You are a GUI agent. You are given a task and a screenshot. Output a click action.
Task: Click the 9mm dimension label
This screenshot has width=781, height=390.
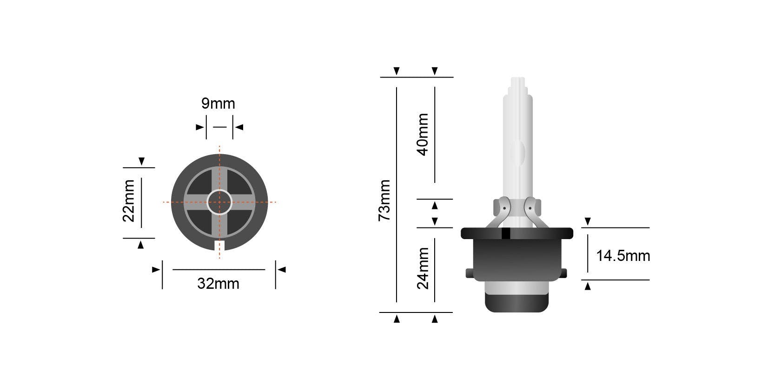tap(218, 104)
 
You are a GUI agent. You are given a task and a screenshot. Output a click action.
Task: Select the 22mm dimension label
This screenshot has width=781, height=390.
tap(129, 201)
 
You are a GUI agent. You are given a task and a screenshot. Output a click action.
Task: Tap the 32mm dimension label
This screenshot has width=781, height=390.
tap(218, 284)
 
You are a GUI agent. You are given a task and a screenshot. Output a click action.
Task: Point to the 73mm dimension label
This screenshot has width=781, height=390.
tap(384, 201)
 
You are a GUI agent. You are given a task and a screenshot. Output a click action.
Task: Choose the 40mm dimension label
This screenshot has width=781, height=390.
tap(423, 135)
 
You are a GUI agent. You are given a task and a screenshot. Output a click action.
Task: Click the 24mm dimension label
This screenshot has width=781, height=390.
tap(423, 268)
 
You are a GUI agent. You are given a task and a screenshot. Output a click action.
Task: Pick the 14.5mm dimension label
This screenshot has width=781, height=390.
tap(623, 256)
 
